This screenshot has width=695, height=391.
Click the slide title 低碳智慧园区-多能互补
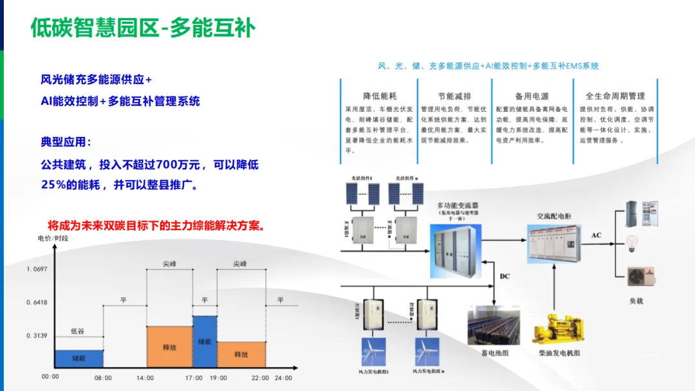(x=143, y=28)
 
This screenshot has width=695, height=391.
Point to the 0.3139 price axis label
(x=37, y=336)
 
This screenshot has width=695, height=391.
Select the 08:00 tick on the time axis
(x=103, y=377)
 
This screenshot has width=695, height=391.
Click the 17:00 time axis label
(x=194, y=377)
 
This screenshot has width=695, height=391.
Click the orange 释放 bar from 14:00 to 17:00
(x=170, y=347)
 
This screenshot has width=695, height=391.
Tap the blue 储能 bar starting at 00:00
(x=79, y=358)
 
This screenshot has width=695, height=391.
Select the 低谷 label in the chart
(x=77, y=331)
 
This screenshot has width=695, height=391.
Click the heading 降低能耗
(x=380, y=96)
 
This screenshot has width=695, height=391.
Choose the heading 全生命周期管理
(x=615, y=96)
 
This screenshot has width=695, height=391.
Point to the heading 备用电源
(x=532, y=96)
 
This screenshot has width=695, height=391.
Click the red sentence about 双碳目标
(x=157, y=226)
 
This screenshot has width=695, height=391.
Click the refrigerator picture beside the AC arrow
(x=642, y=214)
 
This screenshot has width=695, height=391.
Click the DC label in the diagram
(x=505, y=276)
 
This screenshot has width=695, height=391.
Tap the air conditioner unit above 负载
(x=642, y=275)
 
